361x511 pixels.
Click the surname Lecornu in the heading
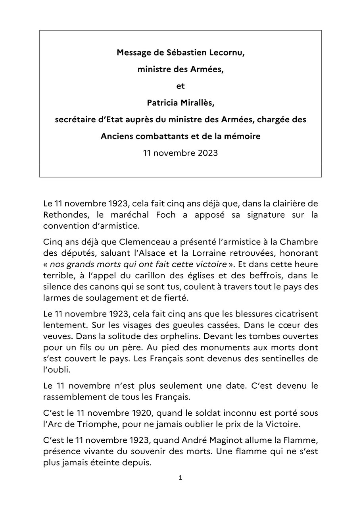pyautogui.click(x=224, y=52)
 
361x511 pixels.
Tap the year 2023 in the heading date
pyautogui.click(x=207, y=153)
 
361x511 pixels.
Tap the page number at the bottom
pyautogui.click(x=180, y=489)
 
